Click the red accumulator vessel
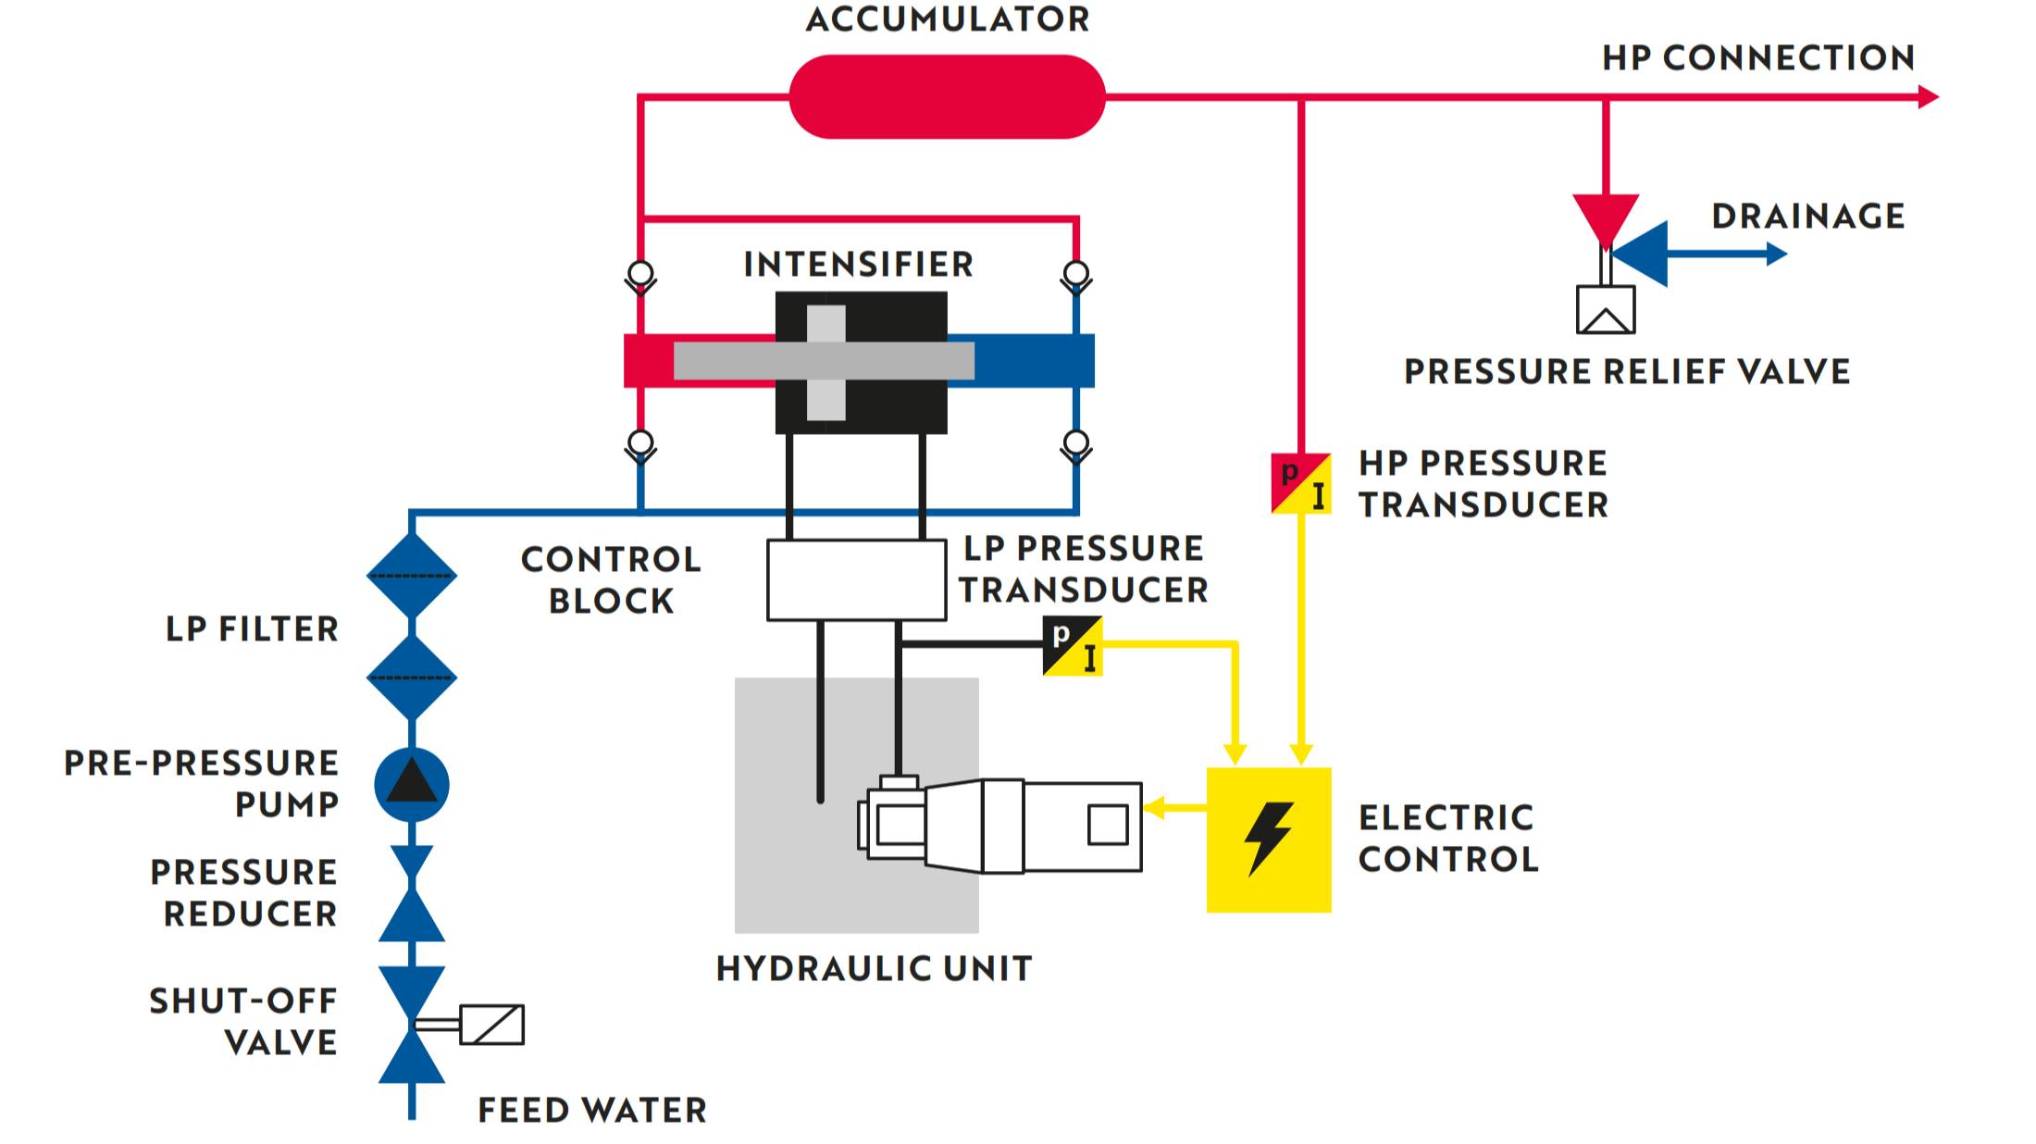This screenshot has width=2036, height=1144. pos(947,96)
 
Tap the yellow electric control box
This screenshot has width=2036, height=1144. pos(1268,839)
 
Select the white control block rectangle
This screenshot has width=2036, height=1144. pos(856,579)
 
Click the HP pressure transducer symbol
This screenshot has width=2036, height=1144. pos(1300,483)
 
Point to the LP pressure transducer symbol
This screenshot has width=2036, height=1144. pos(1073,646)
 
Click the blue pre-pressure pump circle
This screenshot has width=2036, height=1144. pos(412,785)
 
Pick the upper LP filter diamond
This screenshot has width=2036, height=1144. pos(412,576)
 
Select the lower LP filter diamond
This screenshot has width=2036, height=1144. pos(412,678)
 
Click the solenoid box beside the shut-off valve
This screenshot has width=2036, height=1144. pos(492,1025)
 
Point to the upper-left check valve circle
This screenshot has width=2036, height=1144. pos(640,273)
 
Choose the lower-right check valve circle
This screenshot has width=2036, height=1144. pos(1076,442)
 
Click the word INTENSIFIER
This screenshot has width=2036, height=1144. pos(858,265)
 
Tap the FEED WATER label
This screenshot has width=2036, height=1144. pos(592,1110)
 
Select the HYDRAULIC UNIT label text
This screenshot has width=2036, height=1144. pos(874,968)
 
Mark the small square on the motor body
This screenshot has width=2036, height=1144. pos(1108,825)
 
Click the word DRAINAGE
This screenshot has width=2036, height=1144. pos(1807,217)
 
